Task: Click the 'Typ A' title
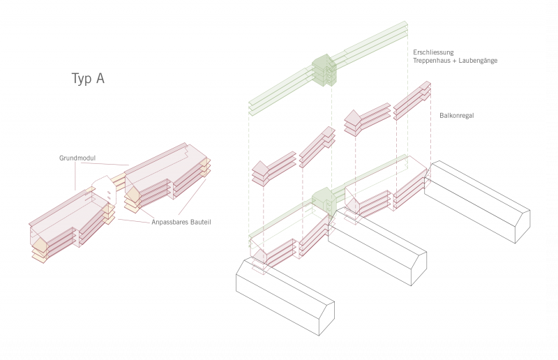pyautogui.click(x=88, y=78)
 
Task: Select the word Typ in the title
pyautogui.click(x=82, y=79)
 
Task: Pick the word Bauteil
pyautogui.click(x=200, y=222)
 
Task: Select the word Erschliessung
pyautogui.click(x=433, y=52)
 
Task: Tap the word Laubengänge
pyautogui.click(x=478, y=61)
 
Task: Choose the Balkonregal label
pyautogui.click(x=457, y=115)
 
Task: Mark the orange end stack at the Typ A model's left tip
pyautogui.click(x=39, y=247)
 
